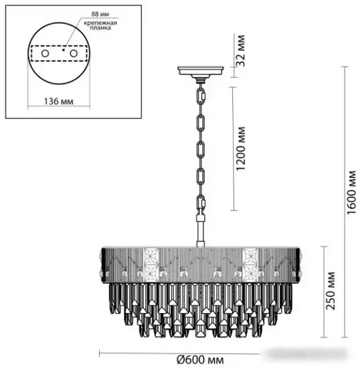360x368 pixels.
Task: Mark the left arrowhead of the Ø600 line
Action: [x=101, y=352]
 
